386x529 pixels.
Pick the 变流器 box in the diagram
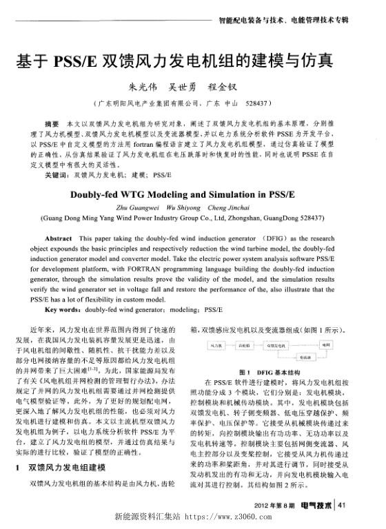coord(301,358)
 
